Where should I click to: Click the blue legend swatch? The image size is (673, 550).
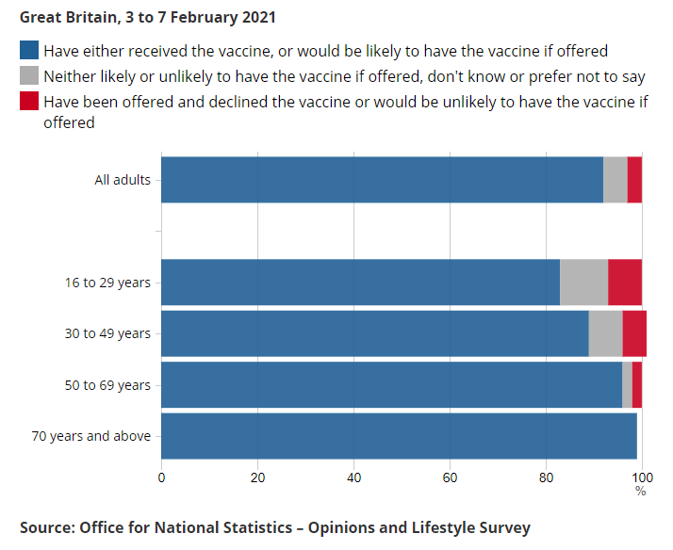[x=29, y=51]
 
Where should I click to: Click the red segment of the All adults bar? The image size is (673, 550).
[x=634, y=180]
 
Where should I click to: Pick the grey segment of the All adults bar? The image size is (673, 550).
[x=616, y=180]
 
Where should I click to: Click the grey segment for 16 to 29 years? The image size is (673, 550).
[x=583, y=283]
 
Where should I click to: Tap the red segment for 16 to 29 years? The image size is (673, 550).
[x=625, y=283]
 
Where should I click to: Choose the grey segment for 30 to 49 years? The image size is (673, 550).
[x=605, y=333]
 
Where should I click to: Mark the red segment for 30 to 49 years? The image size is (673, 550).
[x=634, y=333]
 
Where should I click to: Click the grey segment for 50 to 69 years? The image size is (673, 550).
[x=627, y=384]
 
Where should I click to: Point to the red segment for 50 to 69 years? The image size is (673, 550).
[x=637, y=384]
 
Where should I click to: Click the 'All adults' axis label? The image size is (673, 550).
[x=123, y=180]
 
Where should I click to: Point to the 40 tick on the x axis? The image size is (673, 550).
[x=353, y=477]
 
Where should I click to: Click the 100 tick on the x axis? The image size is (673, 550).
[x=641, y=477]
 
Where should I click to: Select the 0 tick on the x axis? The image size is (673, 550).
[x=161, y=477]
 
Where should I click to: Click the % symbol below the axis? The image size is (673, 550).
[x=641, y=491]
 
